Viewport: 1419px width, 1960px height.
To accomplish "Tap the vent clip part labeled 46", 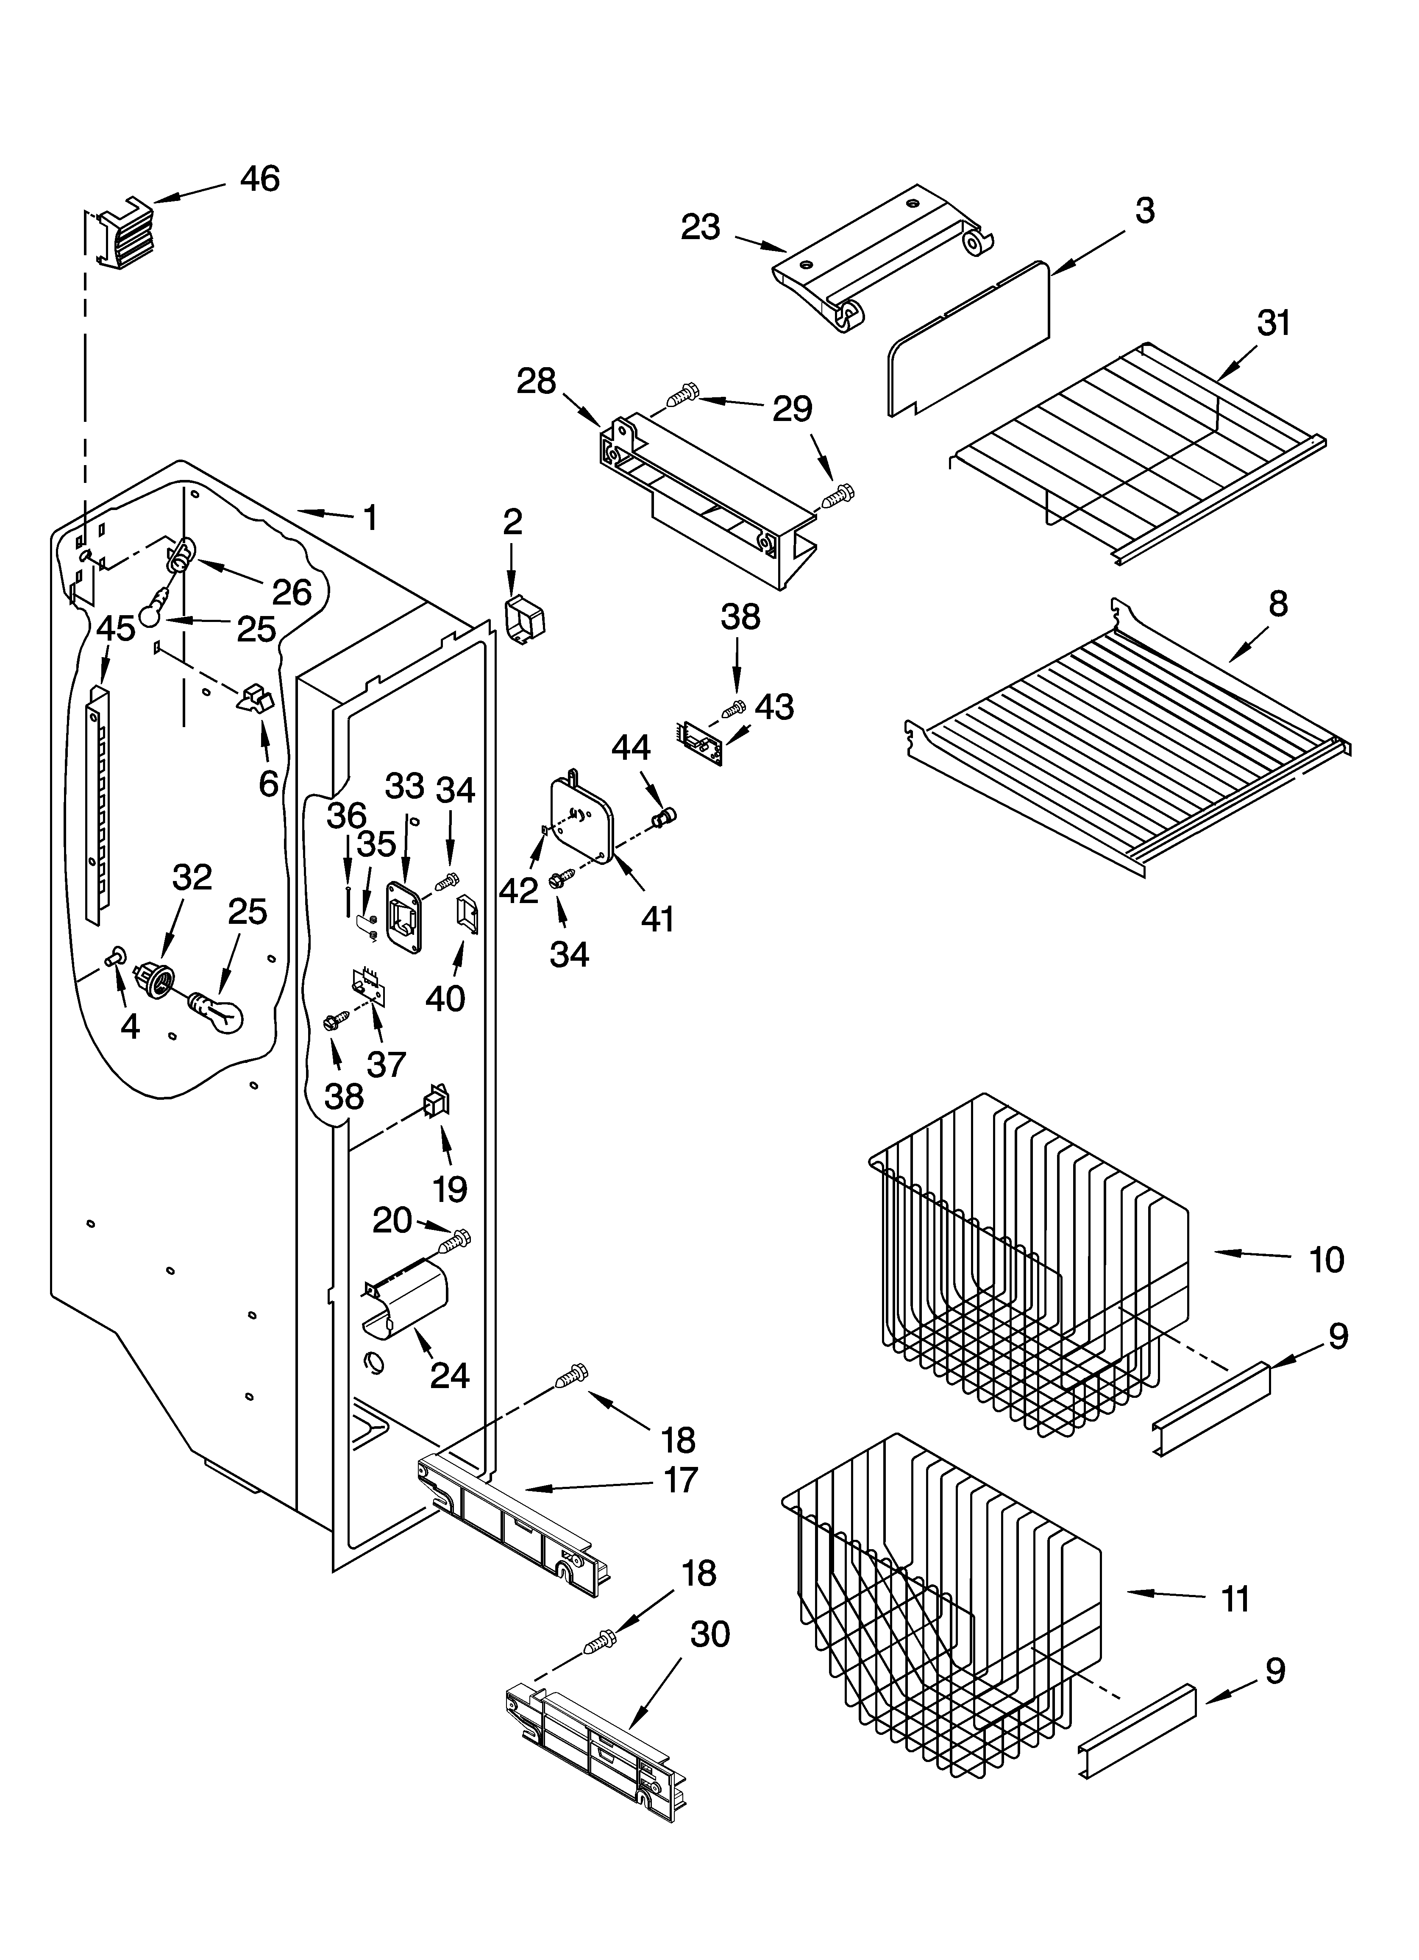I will (124, 236).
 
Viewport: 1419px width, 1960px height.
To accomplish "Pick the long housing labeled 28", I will (704, 501).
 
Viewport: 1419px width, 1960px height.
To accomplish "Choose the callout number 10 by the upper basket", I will (1326, 1260).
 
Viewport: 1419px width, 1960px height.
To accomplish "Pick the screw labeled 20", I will (456, 1242).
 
